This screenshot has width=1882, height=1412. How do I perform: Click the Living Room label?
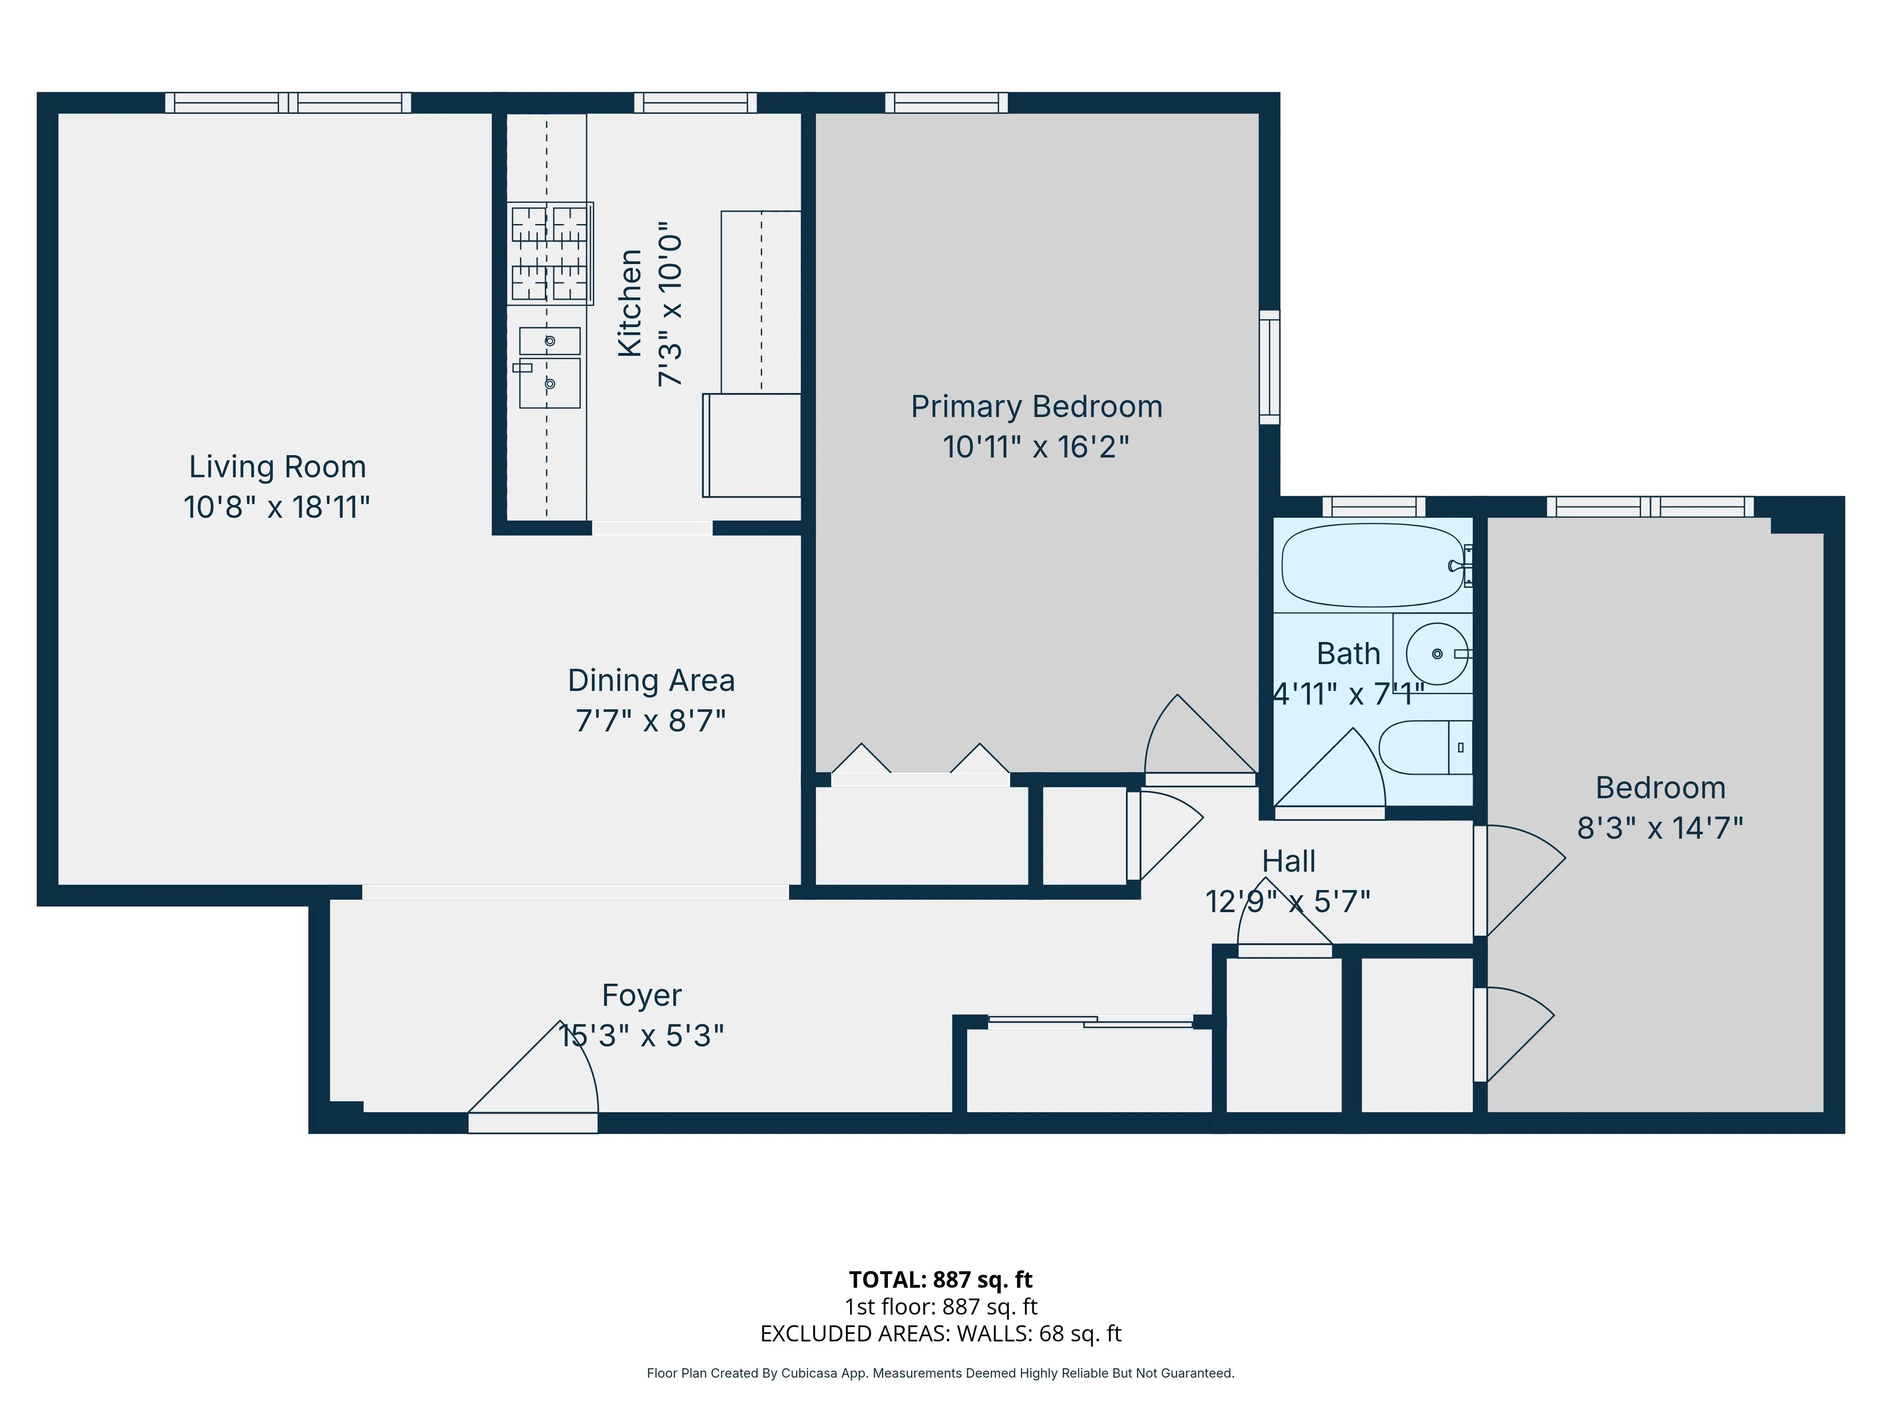pos(278,467)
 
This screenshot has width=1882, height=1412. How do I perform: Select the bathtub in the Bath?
pos(1372,565)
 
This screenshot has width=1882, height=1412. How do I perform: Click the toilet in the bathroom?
pos(1424,747)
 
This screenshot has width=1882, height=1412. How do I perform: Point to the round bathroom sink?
pos(1437,654)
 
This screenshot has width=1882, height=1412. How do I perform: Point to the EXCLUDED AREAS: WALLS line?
pos(940,1334)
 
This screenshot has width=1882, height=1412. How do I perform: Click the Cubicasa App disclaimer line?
pos(940,1373)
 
